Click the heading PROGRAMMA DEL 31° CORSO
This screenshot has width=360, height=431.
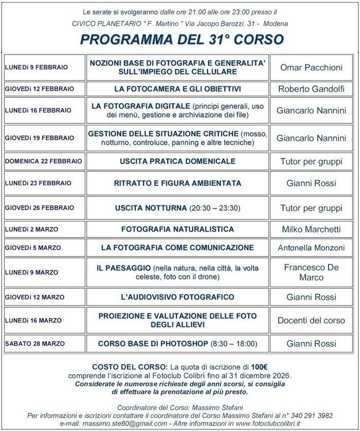click(x=182, y=40)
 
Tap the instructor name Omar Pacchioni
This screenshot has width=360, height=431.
click(x=311, y=67)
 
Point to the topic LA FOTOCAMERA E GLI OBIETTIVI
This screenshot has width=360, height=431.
click(x=177, y=89)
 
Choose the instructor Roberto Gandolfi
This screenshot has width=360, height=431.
click(x=311, y=89)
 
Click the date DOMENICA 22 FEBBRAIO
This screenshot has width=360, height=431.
click(x=44, y=161)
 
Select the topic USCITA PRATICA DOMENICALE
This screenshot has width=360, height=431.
click(x=177, y=161)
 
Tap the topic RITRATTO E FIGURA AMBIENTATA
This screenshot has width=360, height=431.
click(x=177, y=183)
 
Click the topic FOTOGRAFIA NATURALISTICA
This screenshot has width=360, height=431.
click(x=177, y=229)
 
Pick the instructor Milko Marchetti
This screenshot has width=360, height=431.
click(x=311, y=229)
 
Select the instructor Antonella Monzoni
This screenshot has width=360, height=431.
click(x=311, y=248)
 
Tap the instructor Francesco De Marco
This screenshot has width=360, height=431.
click(x=311, y=272)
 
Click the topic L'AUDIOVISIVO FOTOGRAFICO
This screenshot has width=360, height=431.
click(x=177, y=297)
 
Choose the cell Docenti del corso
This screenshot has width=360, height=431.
click(x=311, y=320)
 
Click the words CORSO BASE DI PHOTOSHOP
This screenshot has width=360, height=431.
click(x=153, y=343)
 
